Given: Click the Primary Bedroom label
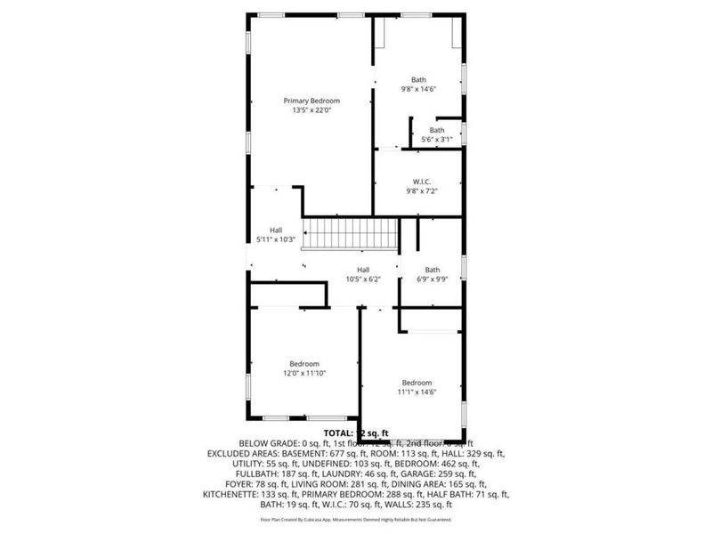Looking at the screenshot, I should [311, 101].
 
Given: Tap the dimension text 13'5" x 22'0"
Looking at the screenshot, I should [311, 110].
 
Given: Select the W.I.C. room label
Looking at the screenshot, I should [423, 182].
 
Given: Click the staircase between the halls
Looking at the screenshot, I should [352, 234].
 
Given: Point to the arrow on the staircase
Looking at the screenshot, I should [309, 234].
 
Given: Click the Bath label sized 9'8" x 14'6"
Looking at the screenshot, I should [418, 79].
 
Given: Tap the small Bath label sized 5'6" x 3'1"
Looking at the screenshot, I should [436, 130].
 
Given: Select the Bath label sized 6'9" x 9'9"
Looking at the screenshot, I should [432, 270].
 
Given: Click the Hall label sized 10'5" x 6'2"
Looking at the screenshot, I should [363, 270].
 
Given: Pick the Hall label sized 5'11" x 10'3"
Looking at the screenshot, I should [276, 230].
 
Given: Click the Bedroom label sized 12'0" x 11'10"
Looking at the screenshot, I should [304, 363].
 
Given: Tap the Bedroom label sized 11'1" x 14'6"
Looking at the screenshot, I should [417, 382].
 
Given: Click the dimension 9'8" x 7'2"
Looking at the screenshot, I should [423, 190].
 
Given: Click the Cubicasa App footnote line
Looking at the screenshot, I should [355, 518].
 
